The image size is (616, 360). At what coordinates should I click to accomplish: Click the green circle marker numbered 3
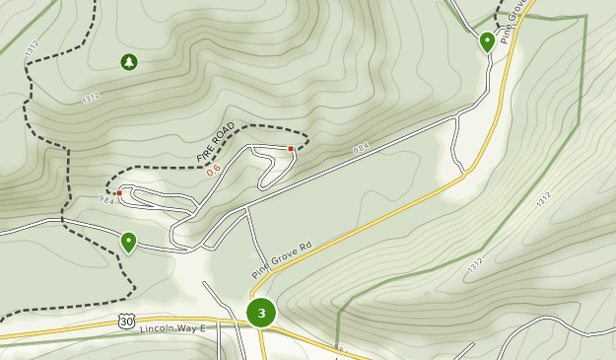click(261, 314)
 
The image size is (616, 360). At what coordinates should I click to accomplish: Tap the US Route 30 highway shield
click(125, 321)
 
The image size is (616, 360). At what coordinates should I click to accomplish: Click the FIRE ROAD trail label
click(216, 143)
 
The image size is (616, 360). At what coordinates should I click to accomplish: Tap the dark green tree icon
click(129, 63)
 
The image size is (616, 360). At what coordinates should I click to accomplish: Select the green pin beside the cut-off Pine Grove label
click(487, 41)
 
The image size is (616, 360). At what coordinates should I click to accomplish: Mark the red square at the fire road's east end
click(291, 149)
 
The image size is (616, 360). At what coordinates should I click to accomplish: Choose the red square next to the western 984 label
click(119, 193)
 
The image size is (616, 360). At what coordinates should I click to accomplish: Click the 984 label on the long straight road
click(361, 149)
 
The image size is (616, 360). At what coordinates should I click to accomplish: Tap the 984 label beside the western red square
click(106, 199)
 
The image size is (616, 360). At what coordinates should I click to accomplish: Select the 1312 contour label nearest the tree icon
click(91, 98)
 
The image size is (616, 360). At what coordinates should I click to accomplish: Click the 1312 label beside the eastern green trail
click(544, 198)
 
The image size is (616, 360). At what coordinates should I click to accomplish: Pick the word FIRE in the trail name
click(204, 153)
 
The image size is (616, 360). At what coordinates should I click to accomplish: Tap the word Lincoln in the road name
click(159, 328)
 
